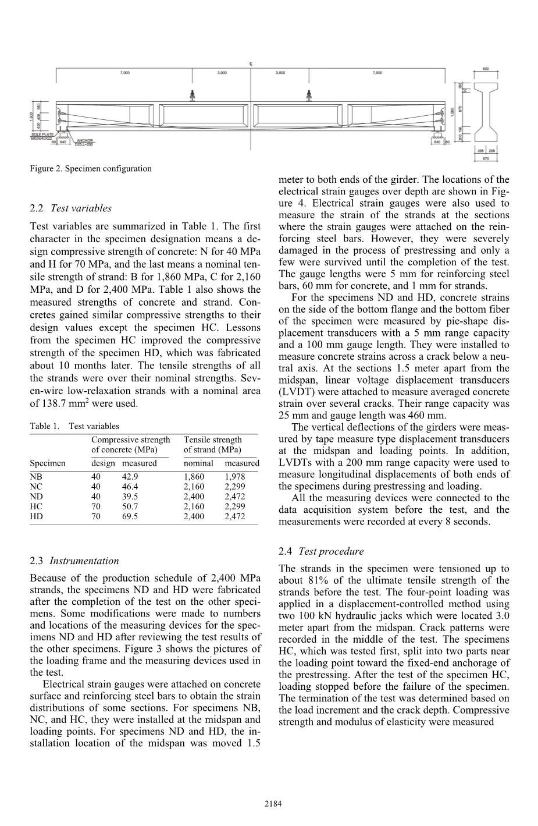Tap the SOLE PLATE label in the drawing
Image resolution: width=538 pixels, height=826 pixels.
42,134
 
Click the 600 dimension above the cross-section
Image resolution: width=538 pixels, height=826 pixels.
486,69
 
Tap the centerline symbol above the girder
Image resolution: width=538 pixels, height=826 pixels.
251,63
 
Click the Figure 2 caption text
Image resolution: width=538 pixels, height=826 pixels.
91,169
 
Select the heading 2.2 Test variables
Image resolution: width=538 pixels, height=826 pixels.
70,208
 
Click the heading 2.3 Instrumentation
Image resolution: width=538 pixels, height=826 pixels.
74,561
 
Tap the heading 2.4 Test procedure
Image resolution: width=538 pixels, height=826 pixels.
321,551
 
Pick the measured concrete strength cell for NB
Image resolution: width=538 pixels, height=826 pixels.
130,477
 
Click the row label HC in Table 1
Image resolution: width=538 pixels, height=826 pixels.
36,506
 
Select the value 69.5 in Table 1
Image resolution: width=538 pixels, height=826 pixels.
130,516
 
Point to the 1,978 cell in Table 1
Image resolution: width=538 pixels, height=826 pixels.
234,477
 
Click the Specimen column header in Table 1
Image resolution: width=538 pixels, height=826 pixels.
48,463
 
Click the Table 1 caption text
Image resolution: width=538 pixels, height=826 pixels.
74,426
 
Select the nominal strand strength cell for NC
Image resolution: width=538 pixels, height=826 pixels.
194,487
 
